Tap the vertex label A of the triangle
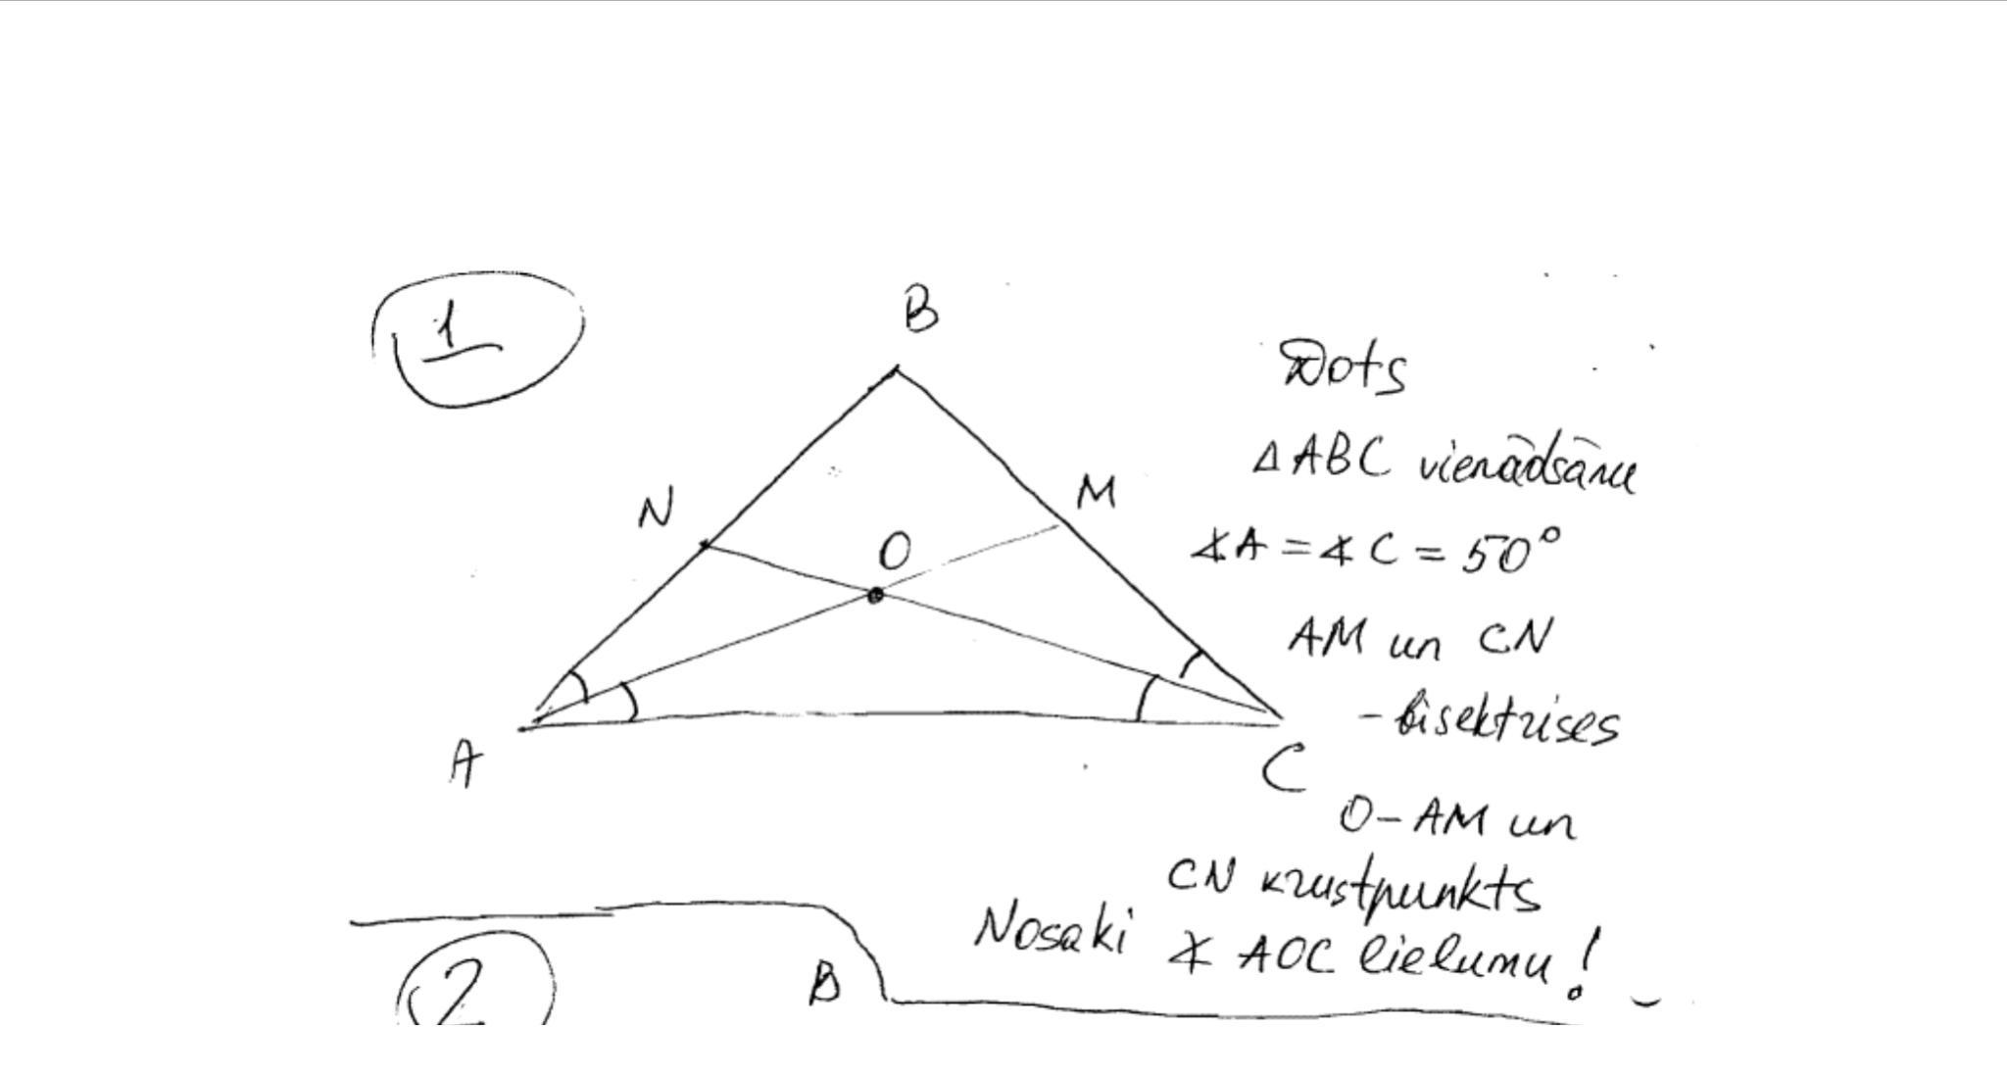pyautogui.click(x=465, y=762)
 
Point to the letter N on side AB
pyautogui.click(x=656, y=511)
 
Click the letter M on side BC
pyautogui.click(x=1096, y=492)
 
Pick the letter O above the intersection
pyautogui.click(x=894, y=552)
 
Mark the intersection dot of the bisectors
pyautogui.click(x=875, y=595)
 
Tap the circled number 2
pyautogui.click(x=461, y=988)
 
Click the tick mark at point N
pyautogui.click(x=705, y=544)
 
